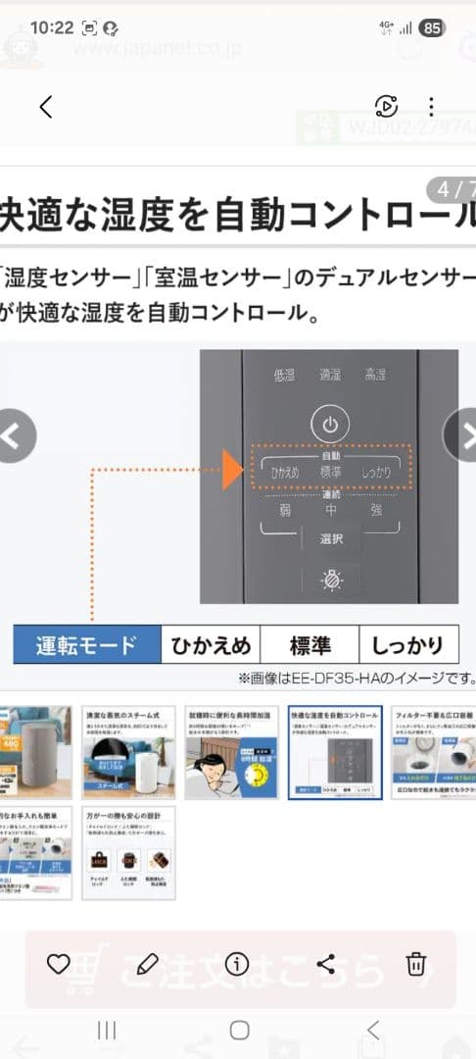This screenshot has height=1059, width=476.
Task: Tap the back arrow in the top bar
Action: [x=45, y=107]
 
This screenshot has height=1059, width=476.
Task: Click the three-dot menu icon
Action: [x=431, y=107]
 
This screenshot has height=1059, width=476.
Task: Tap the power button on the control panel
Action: [x=330, y=425]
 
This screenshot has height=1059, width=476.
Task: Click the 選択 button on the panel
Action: [x=330, y=538]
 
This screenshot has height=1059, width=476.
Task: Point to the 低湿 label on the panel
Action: [x=284, y=375]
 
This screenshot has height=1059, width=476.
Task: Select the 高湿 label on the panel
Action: [x=375, y=375]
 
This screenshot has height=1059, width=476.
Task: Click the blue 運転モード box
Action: [x=86, y=645]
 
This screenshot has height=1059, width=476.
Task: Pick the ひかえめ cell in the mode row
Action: [x=211, y=645]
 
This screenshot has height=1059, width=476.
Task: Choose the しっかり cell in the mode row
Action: [x=408, y=645]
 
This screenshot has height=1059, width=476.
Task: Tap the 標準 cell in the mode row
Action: [x=309, y=645]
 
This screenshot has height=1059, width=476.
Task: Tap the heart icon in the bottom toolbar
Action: [x=59, y=963]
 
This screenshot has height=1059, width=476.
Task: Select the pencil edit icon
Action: [x=147, y=963]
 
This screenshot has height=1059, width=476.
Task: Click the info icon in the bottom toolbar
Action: [x=237, y=963]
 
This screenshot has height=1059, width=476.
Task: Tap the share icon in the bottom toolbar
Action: [x=326, y=963]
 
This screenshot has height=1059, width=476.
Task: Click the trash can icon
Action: [x=416, y=963]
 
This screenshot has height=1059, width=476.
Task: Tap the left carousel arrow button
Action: [x=14, y=435]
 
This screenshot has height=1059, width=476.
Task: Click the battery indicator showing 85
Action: [x=432, y=27]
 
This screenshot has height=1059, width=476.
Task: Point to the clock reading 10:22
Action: [x=52, y=27]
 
